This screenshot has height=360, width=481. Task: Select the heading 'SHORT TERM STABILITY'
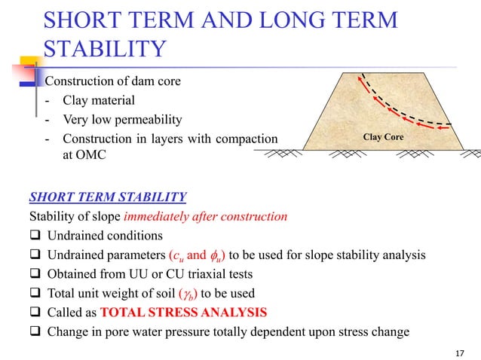tap(107, 198)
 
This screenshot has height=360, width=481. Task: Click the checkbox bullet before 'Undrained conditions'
tap(34, 236)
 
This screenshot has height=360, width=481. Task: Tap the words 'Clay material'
tap(100, 100)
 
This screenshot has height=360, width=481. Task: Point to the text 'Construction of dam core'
tap(112, 81)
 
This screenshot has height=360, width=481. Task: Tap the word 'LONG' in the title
tap(280, 20)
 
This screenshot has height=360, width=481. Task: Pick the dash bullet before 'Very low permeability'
tap(48, 120)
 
